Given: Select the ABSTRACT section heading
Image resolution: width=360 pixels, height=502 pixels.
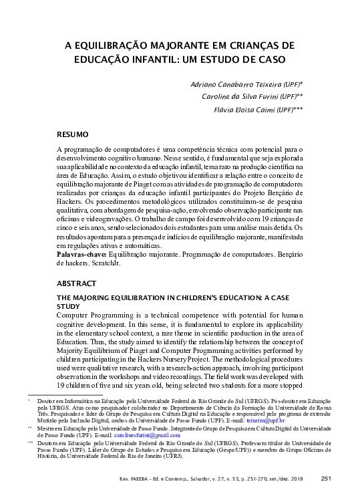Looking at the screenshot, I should pyautogui.click(x=77, y=283).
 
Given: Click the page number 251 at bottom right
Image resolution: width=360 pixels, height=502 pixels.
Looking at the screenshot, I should pyautogui.click(x=327, y=478).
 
